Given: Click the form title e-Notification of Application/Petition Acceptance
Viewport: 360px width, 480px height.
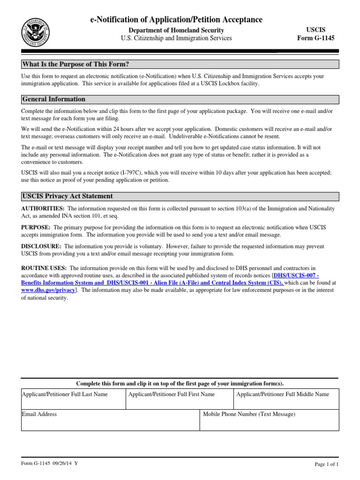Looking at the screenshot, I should [x=176, y=19].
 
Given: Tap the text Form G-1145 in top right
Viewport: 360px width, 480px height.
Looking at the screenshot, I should [x=316, y=38].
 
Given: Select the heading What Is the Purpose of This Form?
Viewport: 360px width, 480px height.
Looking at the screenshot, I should [x=75, y=64].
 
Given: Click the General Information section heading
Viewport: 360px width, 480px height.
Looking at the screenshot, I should [x=54, y=99].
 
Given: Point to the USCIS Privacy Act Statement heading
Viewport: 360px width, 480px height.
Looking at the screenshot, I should [x=67, y=196].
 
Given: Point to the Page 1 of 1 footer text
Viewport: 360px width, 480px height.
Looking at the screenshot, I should [x=326, y=464].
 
